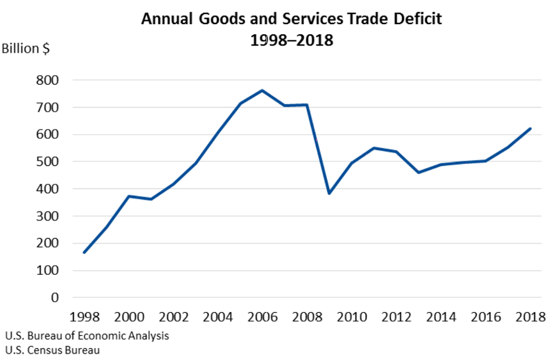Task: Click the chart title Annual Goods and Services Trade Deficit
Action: (x=292, y=19)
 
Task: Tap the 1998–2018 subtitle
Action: (x=292, y=40)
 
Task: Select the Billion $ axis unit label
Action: (x=26, y=49)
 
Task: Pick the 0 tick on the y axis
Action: (x=55, y=297)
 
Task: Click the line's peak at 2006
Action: (x=262, y=90)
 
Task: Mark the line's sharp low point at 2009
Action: (x=329, y=194)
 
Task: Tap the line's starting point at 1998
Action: (x=84, y=252)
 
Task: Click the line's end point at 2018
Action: (x=530, y=128)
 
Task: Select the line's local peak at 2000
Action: (x=128, y=196)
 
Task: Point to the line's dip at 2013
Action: (x=418, y=172)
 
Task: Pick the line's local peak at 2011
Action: (x=374, y=148)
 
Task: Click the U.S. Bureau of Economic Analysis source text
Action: (x=87, y=336)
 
